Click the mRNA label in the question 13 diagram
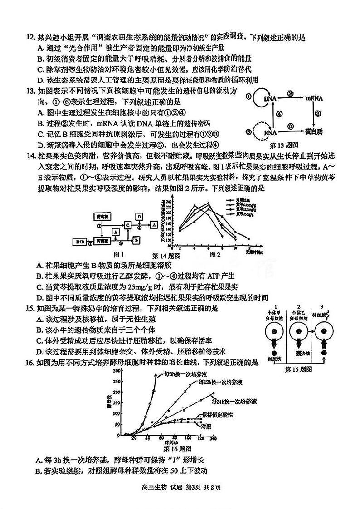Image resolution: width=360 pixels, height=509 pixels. [313, 98]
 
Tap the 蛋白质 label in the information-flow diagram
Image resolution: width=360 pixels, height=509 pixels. [312, 131]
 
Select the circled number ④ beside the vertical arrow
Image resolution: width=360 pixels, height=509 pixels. [280, 114]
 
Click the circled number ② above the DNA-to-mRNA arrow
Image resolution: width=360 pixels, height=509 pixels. [290, 93]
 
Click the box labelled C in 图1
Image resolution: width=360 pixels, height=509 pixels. [128, 225]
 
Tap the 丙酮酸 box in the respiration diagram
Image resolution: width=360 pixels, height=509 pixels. [101, 241]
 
